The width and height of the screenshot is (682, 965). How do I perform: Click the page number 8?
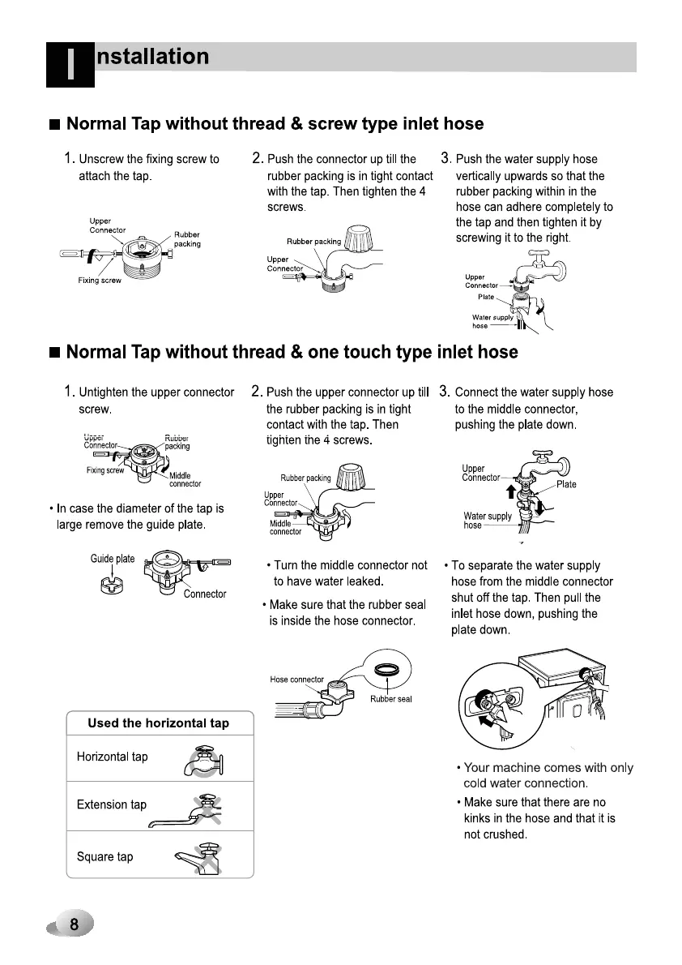[x=74, y=924]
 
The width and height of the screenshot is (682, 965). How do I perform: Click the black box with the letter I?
[x=70, y=65]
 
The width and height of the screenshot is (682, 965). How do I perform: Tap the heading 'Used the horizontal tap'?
[x=159, y=723]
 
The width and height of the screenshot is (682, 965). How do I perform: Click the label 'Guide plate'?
[x=113, y=559]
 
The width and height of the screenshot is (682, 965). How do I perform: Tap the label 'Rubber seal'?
[x=391, y=699]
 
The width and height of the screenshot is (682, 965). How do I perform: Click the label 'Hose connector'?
[x=296, y=680]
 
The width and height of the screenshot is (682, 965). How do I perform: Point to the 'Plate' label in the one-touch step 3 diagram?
[x=566, y=484]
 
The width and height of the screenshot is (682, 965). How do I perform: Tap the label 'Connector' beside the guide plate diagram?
[x=205, y=594]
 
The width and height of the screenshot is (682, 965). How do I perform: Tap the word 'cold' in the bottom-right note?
[x=476, y=783]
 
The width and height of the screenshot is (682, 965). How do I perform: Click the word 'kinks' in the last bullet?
[x=480, y=818]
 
